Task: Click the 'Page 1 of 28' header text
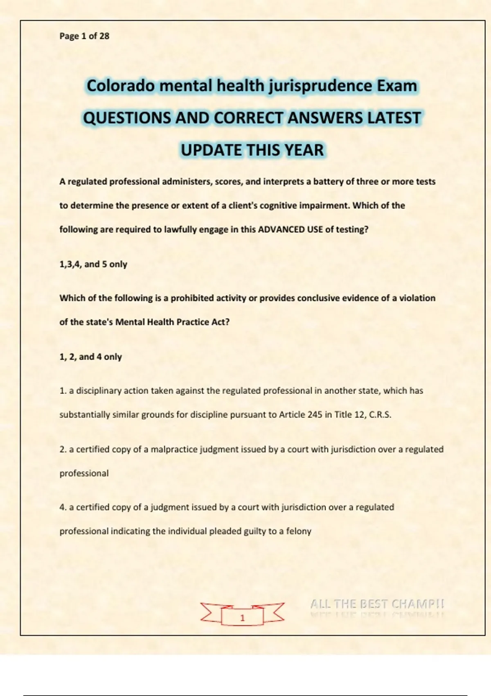tap(84, 36)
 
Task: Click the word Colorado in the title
tap(121, 86)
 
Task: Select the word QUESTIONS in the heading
tap(127, 118)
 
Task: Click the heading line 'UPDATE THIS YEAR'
tap(252, 150)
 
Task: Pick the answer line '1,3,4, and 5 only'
tap(93, 264)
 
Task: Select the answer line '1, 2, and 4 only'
tap(90, 357)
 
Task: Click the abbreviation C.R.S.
tap(380, 414)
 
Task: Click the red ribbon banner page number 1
tap(242, 617)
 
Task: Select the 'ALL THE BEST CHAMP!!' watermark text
tap(377, 603)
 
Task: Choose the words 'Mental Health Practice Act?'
tap(172, 322)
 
